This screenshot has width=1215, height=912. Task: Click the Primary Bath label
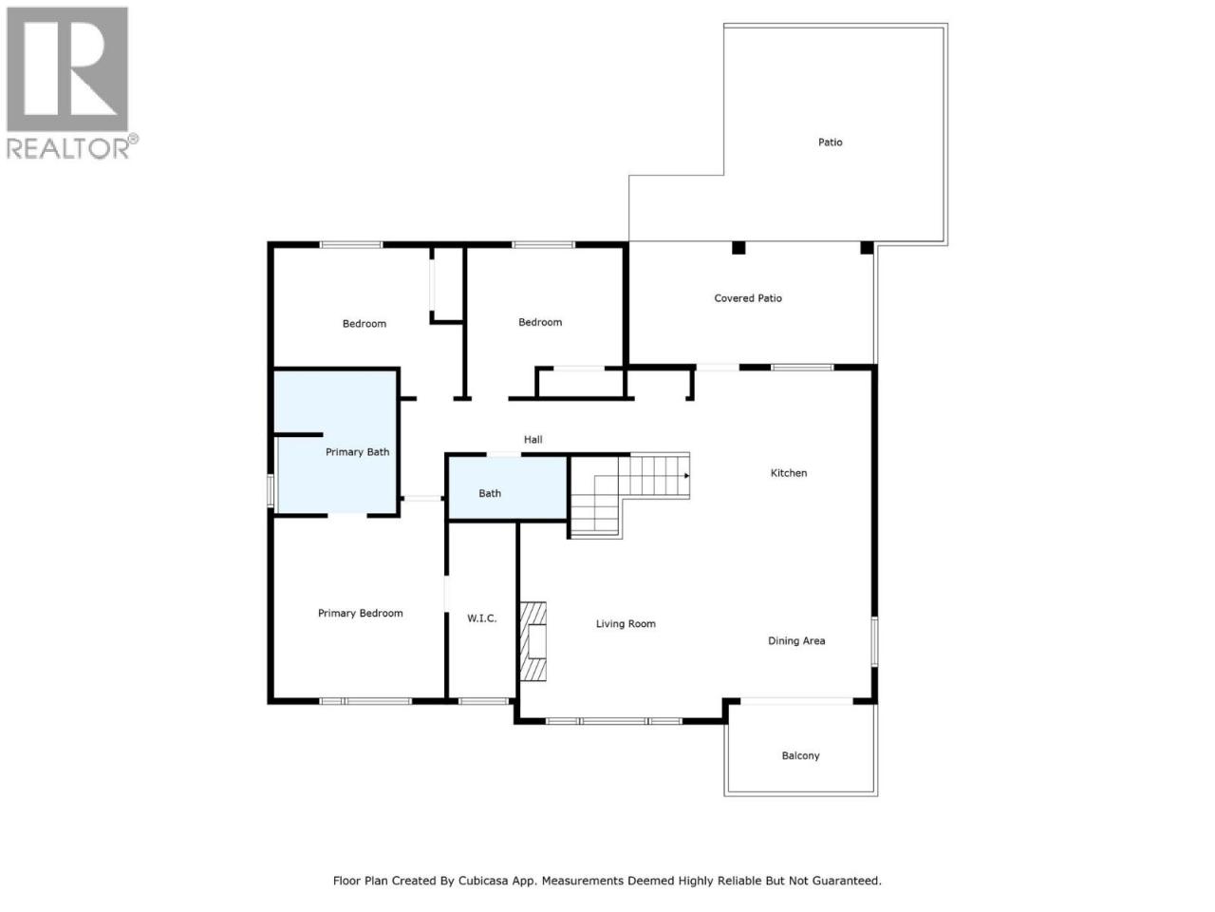tap(357, 452)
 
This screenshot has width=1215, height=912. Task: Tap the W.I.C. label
tap(481, 617)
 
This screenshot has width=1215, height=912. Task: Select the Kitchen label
tap(788, 473)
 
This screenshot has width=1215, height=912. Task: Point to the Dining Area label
tap(796, 640)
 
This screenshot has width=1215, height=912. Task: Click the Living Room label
tap(626, 623)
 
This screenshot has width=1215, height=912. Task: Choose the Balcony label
tap(800, 755)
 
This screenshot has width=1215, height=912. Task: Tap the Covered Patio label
tap(748, 298)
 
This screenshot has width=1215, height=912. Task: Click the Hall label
tap(533, 439)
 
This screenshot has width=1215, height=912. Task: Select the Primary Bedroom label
tap(360, 613)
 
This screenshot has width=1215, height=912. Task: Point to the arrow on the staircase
tap(686, 476)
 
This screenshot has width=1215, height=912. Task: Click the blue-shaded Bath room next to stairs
tap(507, 488)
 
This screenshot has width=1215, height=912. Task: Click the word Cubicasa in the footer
tap(481, 881)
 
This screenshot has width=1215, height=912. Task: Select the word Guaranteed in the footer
tap(850, 881)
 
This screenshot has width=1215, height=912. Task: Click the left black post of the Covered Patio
tap(738, 248)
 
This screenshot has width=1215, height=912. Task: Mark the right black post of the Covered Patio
tap(867, 248)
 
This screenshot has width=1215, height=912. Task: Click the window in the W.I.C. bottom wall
tap(483, 701)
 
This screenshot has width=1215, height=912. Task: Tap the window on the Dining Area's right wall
tap(874, 641)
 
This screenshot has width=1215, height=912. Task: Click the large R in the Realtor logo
tap(67, 69)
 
